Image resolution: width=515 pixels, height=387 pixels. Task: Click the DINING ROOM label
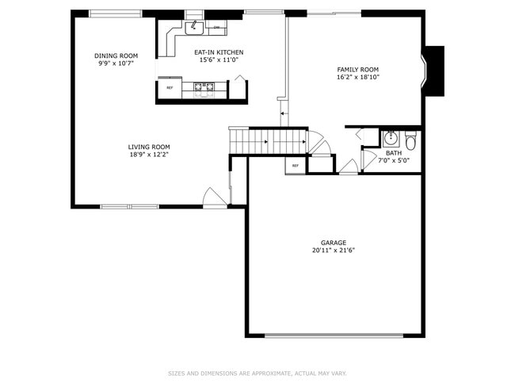tap(111, 56)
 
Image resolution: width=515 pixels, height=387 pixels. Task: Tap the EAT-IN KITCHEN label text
tap(219, 52)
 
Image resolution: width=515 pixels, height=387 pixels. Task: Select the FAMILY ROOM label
tap(358, 70)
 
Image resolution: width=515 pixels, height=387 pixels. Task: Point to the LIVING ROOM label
tap(149, 146)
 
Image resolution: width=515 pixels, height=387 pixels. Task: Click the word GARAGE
tap(333, 243)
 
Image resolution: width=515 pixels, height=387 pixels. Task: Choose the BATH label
tap(394, 153)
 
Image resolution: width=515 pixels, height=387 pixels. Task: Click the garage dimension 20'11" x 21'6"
tap(333, 251)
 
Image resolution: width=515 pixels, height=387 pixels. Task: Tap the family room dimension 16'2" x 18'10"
tap(358, 78)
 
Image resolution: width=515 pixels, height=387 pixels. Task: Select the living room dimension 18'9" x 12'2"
tap(149, 154)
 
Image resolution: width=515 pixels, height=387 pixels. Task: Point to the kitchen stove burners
tap(204, 89)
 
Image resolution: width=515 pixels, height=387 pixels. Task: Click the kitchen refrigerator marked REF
tap(170, 87)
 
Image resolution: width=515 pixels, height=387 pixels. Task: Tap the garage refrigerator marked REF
tap(296, 166)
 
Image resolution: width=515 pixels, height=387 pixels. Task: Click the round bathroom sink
tap(390, 139)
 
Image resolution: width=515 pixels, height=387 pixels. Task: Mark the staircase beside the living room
tap(268, 142)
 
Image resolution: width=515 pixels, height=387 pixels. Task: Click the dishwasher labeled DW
tap(217, 27)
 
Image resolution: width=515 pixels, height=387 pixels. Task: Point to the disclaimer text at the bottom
tap(257, 373)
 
